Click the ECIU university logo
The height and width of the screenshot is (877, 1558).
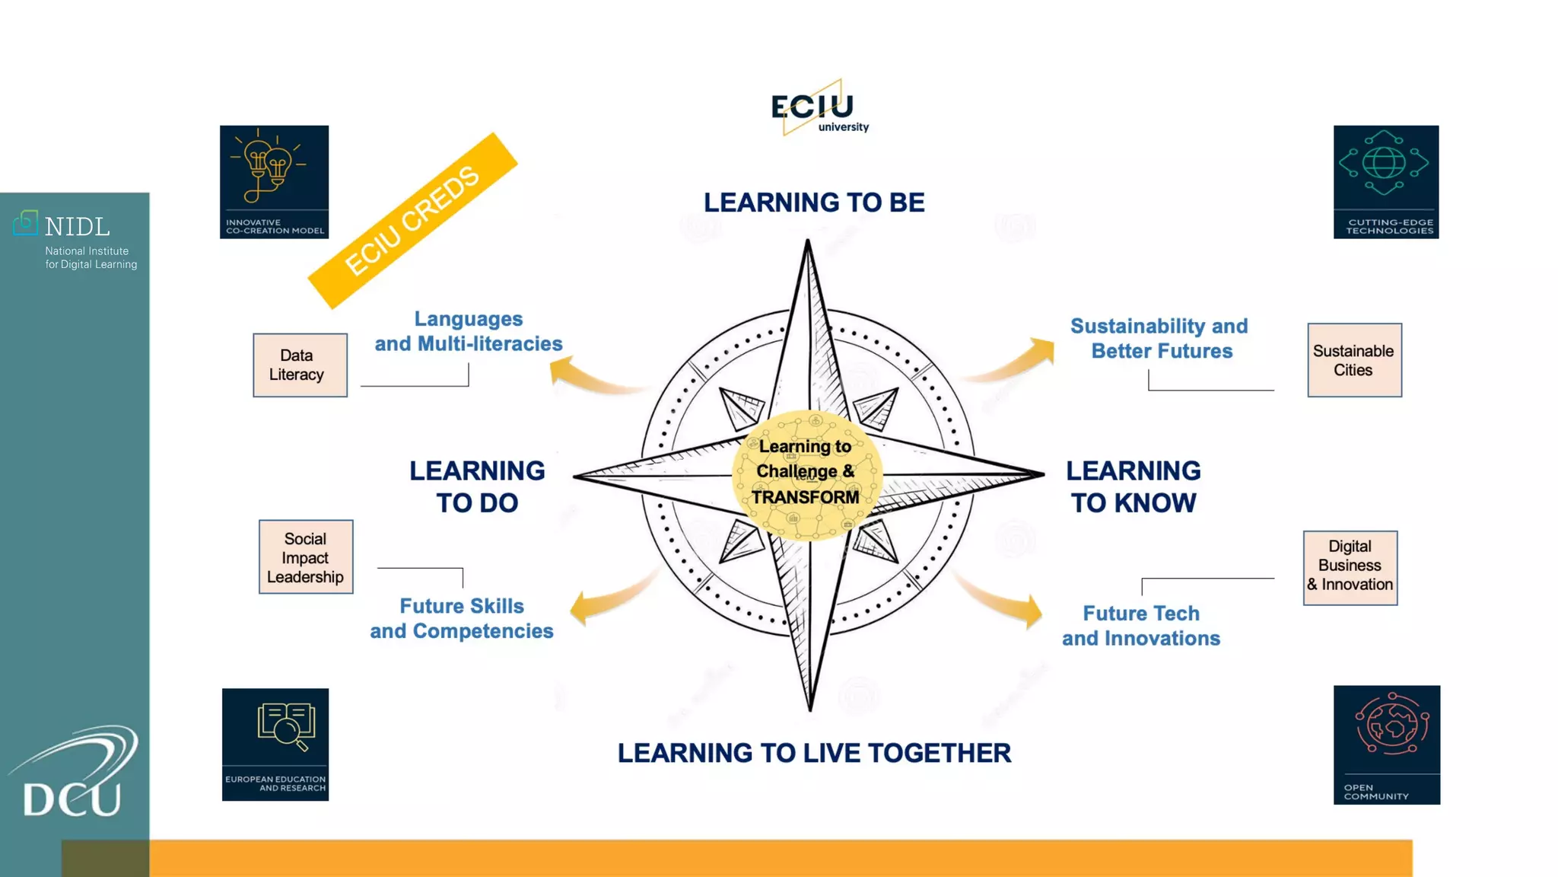(x=818, y=109)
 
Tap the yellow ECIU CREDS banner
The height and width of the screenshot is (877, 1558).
(x=412, y=221)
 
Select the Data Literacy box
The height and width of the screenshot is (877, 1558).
(x=300, y=365)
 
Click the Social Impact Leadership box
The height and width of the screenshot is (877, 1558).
(x=306, y=557)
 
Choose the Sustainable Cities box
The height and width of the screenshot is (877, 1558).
(x=1354, y=360)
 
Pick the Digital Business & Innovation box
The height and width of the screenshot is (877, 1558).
(x=1350, y=568)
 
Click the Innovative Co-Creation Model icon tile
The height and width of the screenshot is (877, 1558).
(x=274, y=182)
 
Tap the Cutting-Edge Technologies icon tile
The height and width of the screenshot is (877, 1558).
(x=1385, y=182)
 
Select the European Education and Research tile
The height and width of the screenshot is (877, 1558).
(x=275, y=745)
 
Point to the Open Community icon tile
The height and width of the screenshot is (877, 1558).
(x=1386, y=745)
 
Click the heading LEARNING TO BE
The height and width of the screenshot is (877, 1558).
(x=814, y=203)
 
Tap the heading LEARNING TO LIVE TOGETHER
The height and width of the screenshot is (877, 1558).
(x=814, y=753)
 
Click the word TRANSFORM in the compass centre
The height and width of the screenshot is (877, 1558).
(x=806, y=497)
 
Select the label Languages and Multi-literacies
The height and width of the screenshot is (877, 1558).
(x=469, y=331)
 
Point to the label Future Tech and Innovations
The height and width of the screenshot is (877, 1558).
(x=1141, y=626)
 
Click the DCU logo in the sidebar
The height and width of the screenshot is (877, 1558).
(x=75, y=777)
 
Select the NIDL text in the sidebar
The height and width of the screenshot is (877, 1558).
(x=77, y=227)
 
